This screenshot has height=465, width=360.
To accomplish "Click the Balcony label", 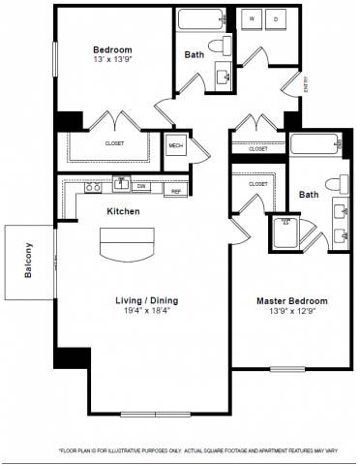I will tap(29, 260).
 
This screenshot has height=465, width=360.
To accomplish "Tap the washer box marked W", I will tap(252, 18).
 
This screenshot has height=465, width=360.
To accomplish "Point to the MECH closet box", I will tap(176, 146).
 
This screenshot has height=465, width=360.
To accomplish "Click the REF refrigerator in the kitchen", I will tap(177, 190).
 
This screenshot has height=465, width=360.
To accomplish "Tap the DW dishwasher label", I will tap(142, 186).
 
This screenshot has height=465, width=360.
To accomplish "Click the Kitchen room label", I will tap(123, 210).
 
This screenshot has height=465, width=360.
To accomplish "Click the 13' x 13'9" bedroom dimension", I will tap(112, 61).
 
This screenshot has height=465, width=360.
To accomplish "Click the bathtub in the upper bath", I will tap(201, 20).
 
